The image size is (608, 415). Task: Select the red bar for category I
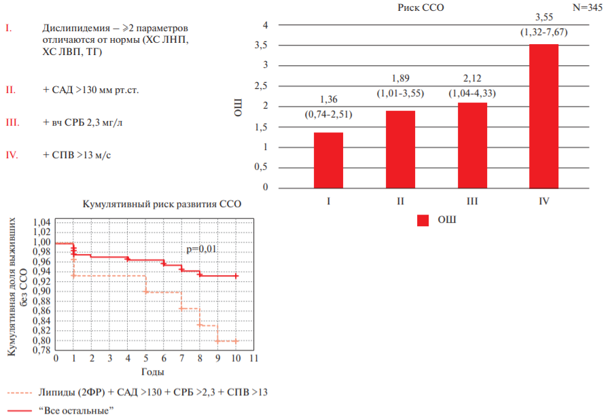328,160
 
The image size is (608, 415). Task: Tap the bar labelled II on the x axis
400,149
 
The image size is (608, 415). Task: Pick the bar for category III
472,145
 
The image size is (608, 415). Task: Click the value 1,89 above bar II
400,79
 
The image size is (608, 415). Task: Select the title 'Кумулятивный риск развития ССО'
162,204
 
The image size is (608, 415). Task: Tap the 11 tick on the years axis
254,358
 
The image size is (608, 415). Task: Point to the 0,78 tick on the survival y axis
42,350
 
